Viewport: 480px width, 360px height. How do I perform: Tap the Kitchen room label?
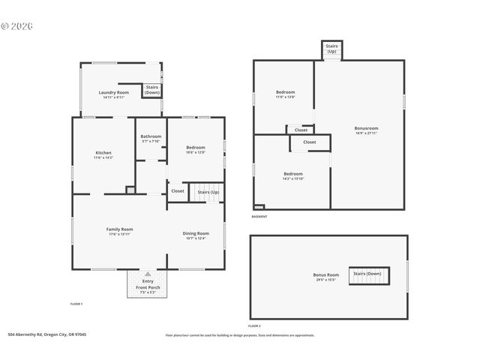click(x=103, y=154)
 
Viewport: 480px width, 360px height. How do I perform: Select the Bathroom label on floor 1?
click(x=151, y=138)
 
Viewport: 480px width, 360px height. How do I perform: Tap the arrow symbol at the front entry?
click(x=147, y=274)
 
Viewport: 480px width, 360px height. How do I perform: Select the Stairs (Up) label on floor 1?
click(x=208, y=192)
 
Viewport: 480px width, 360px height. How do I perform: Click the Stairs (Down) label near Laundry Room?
click(x=151, y=90)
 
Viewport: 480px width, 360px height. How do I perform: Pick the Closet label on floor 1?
click(x=178, y=191)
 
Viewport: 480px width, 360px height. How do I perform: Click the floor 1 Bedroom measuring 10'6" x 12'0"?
click(x=195, y=149)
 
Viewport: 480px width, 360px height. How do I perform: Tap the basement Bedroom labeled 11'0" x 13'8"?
click(x=285, y=94)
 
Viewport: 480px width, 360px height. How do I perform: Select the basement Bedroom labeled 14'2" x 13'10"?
click(x=292, y=175)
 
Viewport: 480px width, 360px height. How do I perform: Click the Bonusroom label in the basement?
click(x=366, y=130)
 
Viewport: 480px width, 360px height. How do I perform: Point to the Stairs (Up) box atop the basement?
click(x=331, y=49)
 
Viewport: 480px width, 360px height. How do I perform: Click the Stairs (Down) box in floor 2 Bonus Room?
click(x=367, y=274)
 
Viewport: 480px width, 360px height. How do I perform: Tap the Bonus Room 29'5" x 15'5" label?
click(x=326, y=277)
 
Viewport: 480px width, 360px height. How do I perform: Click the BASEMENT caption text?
click(x=259, y=217)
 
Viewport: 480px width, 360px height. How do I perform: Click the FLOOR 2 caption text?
click(x=255, y=325)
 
